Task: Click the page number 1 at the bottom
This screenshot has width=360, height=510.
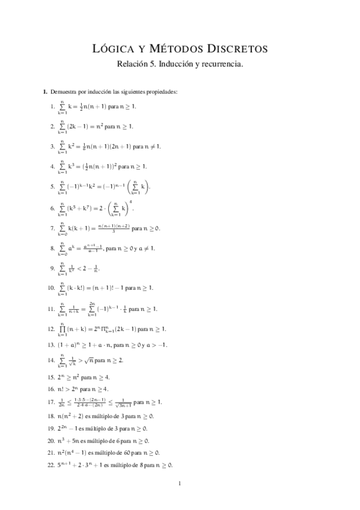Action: (x=180, y=484)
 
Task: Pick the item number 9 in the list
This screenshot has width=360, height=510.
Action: (x=53, y=268)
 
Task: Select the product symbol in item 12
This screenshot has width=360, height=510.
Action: (x=61, y=328)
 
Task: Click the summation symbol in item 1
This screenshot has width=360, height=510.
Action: (x=61, y=106)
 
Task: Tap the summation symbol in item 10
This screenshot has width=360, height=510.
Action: (x=61, y=288)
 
